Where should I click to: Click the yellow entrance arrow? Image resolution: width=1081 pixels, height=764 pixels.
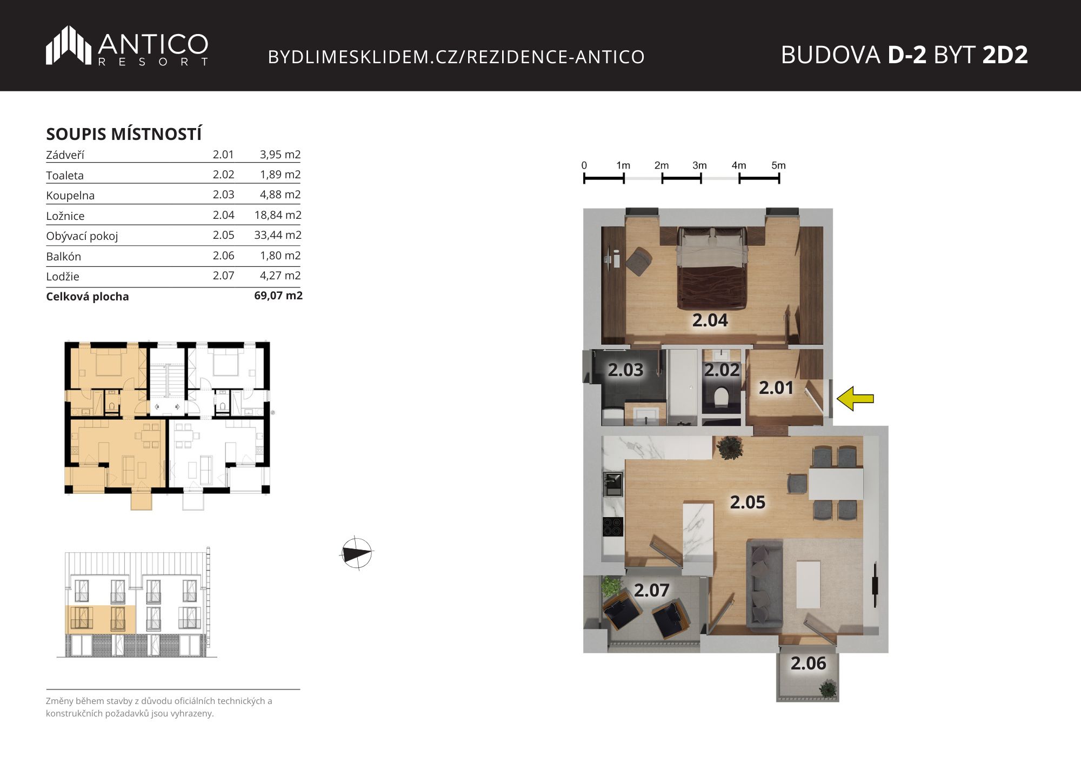click(x=855, y=399)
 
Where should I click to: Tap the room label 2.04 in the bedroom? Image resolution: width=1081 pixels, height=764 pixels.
click(x=710, y=320)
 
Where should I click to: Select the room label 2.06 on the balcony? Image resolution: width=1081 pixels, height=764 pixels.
click(x=809, y=664)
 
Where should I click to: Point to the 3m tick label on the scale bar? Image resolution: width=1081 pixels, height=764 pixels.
click(x=699, y=165)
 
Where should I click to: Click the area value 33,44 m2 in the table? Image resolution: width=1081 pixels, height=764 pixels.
click(x=278, y=235)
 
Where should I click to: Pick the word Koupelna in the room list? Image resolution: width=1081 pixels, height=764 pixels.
click(x=70, y=196)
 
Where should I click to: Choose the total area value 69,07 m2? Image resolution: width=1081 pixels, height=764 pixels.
click(x=278, y=296)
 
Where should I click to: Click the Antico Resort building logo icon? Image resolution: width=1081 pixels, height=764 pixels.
click(x=69, y=45)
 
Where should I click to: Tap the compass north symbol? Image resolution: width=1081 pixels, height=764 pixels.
click(x=357, y=553)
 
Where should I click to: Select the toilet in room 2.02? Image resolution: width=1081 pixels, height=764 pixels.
click(x=721, y=397)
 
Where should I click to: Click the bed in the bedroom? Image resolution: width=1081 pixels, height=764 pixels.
click(x=712, y=267)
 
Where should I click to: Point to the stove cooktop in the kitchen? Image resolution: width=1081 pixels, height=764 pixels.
click(x=613, y=527)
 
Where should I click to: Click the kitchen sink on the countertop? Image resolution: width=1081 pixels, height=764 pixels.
click(x=613, y=484)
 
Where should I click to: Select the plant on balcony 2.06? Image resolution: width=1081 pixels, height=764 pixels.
click(x=827, y=689)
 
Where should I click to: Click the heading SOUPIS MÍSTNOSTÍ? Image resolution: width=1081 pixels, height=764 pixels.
click(x=124, y=133)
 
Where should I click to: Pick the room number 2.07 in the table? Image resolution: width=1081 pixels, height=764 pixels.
click(x=223, y=276)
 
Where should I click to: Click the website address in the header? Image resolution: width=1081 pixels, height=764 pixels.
click(x=456, y=57)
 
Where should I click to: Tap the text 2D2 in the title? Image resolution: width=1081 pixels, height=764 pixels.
click(x=1005, y=55)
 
